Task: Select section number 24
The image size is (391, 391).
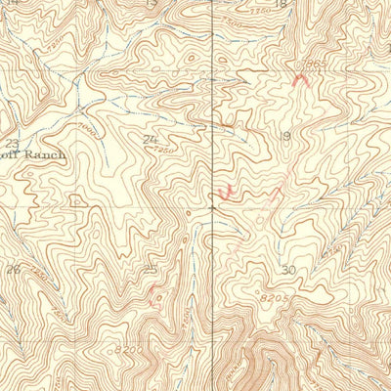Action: (149, 140)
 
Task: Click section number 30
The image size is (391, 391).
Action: (287, 270)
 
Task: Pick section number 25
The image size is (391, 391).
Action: (151, 271)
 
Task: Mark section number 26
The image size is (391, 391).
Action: (13, 270)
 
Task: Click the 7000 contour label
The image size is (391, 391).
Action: (85, 128)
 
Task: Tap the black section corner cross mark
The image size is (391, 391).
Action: (212, 207)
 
